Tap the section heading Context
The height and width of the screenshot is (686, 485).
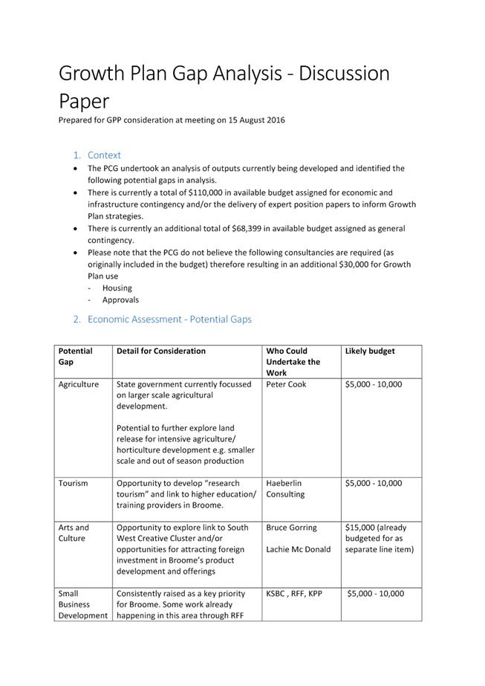point(104,155)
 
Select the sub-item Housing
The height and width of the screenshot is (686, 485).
point(117,288)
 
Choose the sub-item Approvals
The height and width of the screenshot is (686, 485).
point(120,300)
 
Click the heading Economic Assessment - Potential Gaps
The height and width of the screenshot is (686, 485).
point(169,320)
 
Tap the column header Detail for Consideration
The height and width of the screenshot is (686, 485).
point(161,351)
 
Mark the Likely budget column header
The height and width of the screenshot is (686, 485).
point(370,351)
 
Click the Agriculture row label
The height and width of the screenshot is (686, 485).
point(79,384)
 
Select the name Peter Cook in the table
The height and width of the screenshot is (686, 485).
point(286,384)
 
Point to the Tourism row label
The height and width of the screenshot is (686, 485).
point(74,483)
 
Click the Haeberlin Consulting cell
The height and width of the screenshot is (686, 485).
point(284,488)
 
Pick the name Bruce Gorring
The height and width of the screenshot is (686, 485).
point(291,528)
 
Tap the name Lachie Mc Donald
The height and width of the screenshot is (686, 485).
point(299,550)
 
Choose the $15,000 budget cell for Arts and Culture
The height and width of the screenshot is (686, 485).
point(379,538)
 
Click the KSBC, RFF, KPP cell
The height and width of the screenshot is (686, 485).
point(294,594)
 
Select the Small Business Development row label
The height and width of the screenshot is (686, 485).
point(82,604)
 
